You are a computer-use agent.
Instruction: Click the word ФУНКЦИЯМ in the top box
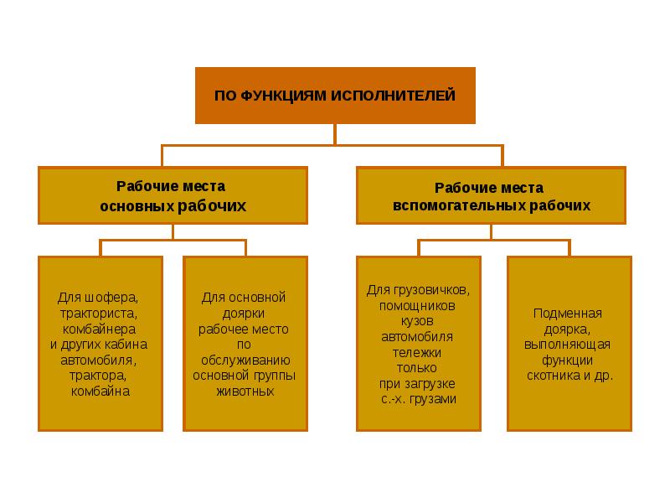pyautogui.click(x=284, y=96)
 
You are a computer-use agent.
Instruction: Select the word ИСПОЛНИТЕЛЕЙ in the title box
pyautogui.click(x=393, y=95)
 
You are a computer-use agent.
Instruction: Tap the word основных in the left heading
pyautogui.click(x=137, y=206)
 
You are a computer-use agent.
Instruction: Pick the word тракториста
pyautogui.click(x=99, y=314)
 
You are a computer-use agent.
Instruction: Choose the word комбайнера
pyautogui.click(x=99, y=329)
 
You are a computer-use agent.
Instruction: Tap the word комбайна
pyautogui.click(x=100, y=392)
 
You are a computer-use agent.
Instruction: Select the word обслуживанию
pyautogui.click(x=245, y=360)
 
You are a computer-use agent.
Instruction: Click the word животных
pyautogui.click(x=245, y=392)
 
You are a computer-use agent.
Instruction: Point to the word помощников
pyautogui.click(x=417, y=306)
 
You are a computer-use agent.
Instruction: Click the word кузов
pyautogui.click(x=417, y=322)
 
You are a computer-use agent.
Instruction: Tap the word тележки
pyautogui.click(x=417, y=353)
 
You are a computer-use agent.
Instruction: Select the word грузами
pyautogui.click(x=433, y=400)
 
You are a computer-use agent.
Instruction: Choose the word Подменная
pyautogui.click(x=568, y=314)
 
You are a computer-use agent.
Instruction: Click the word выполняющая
pyautogui.click(x=568, y=345)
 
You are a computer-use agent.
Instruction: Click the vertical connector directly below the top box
pyautogui.click(x=335, y=135)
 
